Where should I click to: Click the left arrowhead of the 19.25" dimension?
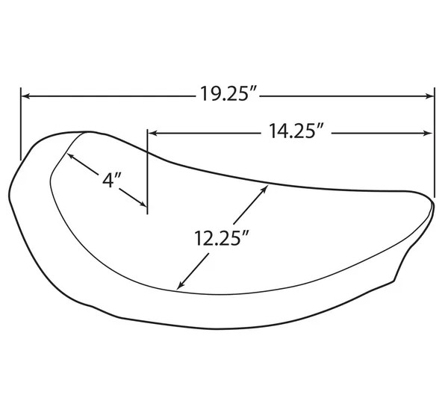[25, 96]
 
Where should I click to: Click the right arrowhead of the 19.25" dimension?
[429, 96]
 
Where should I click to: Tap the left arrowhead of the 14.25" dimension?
[153, 133]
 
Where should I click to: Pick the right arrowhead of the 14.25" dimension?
[428, 133]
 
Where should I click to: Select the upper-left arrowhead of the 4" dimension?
[70, 156]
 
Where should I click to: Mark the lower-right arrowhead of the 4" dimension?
[143, 204]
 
